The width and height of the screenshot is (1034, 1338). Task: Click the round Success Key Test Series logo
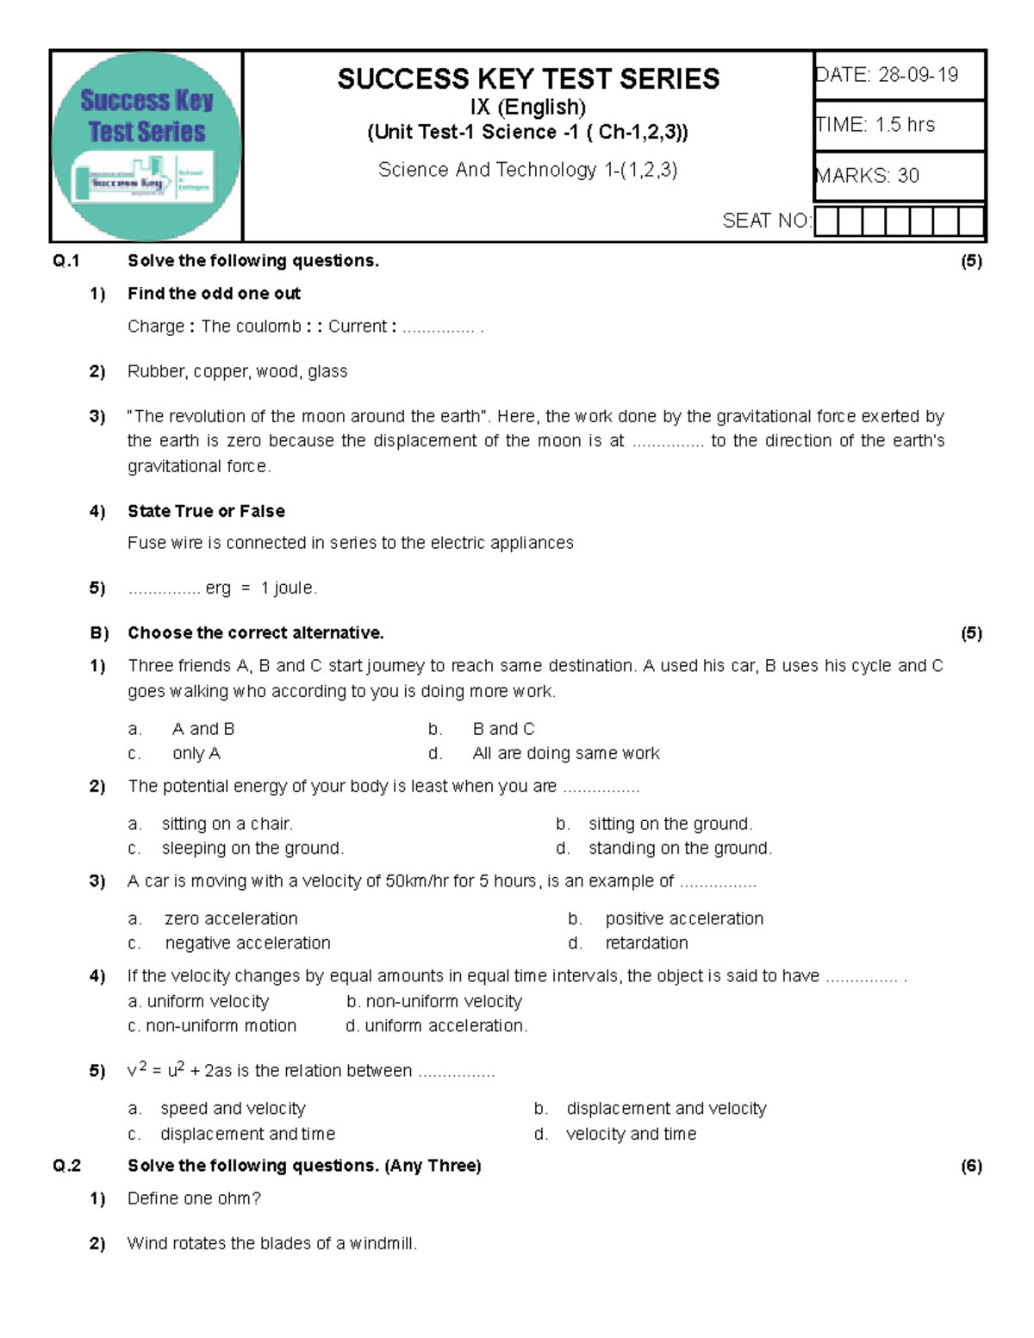click(146, 146)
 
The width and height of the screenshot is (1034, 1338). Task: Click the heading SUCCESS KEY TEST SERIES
click(527, 79)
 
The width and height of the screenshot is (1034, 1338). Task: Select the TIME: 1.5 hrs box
click(899, 126)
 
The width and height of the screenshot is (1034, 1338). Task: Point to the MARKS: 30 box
click(899, 177)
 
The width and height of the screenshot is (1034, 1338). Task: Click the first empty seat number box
click(826, 221)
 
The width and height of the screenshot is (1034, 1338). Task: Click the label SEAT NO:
click(766, 221)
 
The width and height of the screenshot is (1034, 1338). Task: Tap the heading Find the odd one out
click(214, 294)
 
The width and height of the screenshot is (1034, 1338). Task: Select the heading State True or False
click(206, 511)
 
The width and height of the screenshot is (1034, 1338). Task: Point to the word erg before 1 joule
click(218, 588)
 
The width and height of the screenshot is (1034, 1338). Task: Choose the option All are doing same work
click(565, 754)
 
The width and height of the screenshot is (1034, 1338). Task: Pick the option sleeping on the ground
click(252, 849)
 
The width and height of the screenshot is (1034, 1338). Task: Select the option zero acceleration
click(231, 919)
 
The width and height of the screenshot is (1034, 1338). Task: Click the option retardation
click(646, 943)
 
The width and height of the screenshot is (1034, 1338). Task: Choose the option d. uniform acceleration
click(437, 1026)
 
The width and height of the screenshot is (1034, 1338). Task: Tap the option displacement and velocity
click(666, 1109)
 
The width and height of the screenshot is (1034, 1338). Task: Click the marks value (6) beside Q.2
click(971, 1167)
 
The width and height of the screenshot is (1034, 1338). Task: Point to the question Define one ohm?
click(194, 1198)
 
